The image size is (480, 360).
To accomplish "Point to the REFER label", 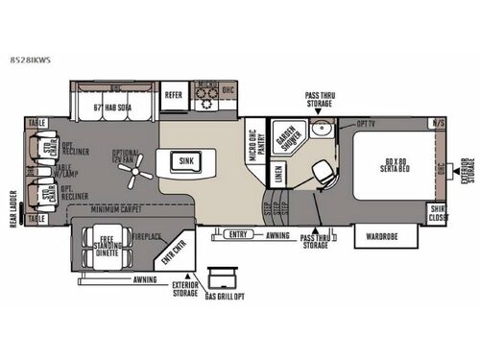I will pyautogui.click(x=173, y=94).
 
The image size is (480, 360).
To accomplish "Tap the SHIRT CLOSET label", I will pyautogui.click(x=437, y=214).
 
